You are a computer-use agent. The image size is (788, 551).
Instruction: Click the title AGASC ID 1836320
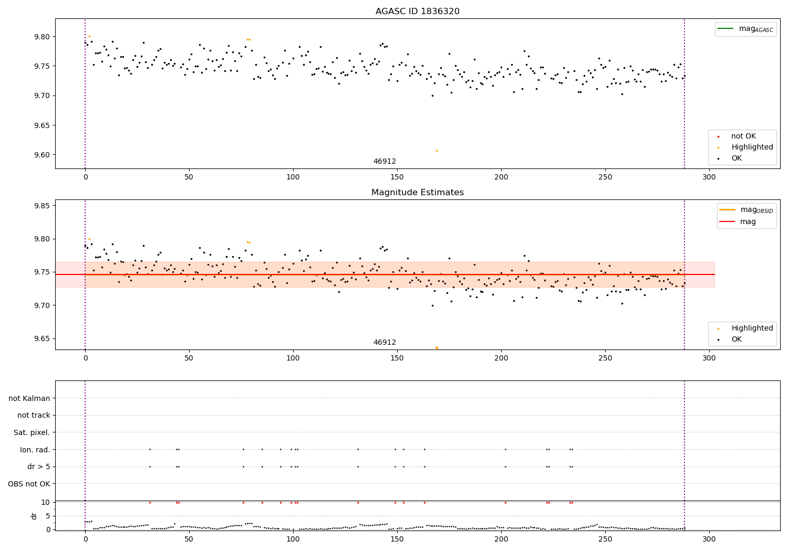click(417, 12)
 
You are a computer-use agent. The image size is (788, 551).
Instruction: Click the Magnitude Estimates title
click(417, 193)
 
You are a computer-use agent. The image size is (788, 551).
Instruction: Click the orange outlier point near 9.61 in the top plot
click(437, 151)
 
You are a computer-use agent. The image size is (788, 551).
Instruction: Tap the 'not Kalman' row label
click(29, 398)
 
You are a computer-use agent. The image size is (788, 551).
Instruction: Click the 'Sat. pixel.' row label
click(32, 432)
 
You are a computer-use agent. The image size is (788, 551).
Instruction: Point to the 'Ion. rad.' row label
click(35, 450)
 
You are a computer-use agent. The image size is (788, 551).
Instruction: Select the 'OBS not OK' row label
click(29, 484)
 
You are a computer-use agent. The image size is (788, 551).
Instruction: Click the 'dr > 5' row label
click(39, 467)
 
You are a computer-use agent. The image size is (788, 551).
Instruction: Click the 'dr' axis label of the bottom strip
click(34, 516)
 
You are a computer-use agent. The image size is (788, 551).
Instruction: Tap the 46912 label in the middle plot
click(385, 342)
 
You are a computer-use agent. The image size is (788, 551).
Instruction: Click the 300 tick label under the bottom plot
click(709, 539)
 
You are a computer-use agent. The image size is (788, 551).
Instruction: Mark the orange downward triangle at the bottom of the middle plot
click(437, 348)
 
